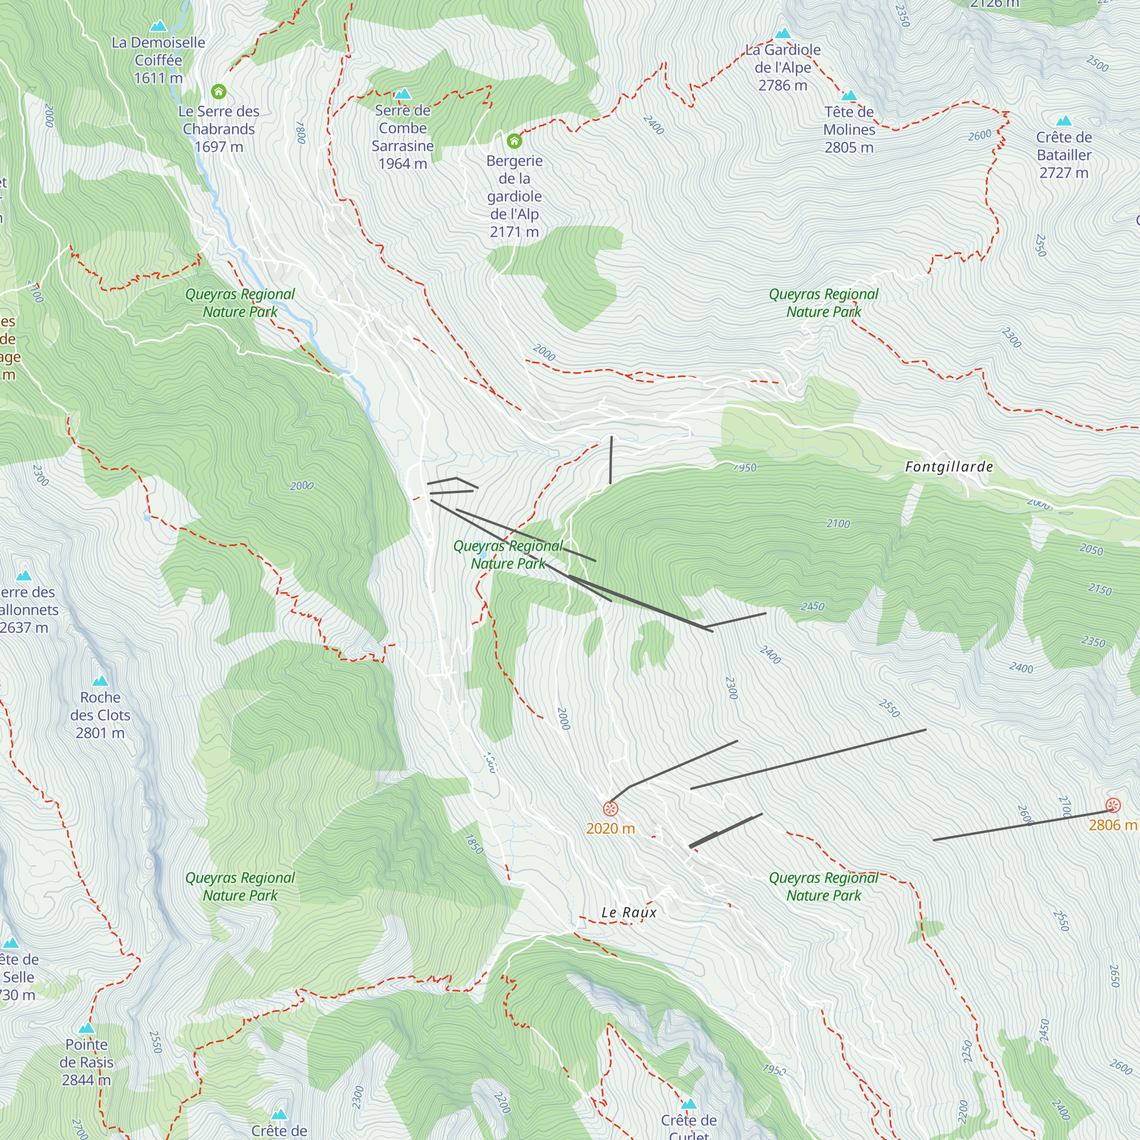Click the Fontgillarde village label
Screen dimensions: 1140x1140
(949, 467)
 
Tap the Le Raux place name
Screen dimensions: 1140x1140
(628, 912)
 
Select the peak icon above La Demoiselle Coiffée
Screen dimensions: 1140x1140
(158, 26)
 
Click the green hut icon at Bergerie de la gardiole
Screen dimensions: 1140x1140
(514, 140)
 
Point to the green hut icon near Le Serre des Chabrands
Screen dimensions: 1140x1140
(218, 91)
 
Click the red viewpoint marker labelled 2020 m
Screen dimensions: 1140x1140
(610, 808)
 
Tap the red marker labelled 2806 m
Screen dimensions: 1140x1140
(1113, 805)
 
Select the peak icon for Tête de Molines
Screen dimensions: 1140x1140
(849, 96)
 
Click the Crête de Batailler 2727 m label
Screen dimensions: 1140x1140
(1063, 154)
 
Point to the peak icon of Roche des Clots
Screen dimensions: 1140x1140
(100, 681)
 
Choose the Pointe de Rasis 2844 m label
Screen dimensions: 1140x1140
(86, 1062)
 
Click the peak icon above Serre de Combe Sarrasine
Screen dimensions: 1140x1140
(402, 94)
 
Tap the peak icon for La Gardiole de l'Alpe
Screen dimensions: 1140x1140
(783, 33)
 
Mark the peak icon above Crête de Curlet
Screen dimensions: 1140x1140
(689, 1104)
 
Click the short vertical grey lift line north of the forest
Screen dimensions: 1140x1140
(610, 460)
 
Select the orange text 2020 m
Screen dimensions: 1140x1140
(610, 828)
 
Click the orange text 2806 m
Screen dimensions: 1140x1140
(1112, 825)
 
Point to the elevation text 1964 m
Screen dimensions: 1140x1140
(402, 164)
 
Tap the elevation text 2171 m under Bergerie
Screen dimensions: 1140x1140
(514, 232)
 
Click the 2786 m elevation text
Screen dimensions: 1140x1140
(783, 85)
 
